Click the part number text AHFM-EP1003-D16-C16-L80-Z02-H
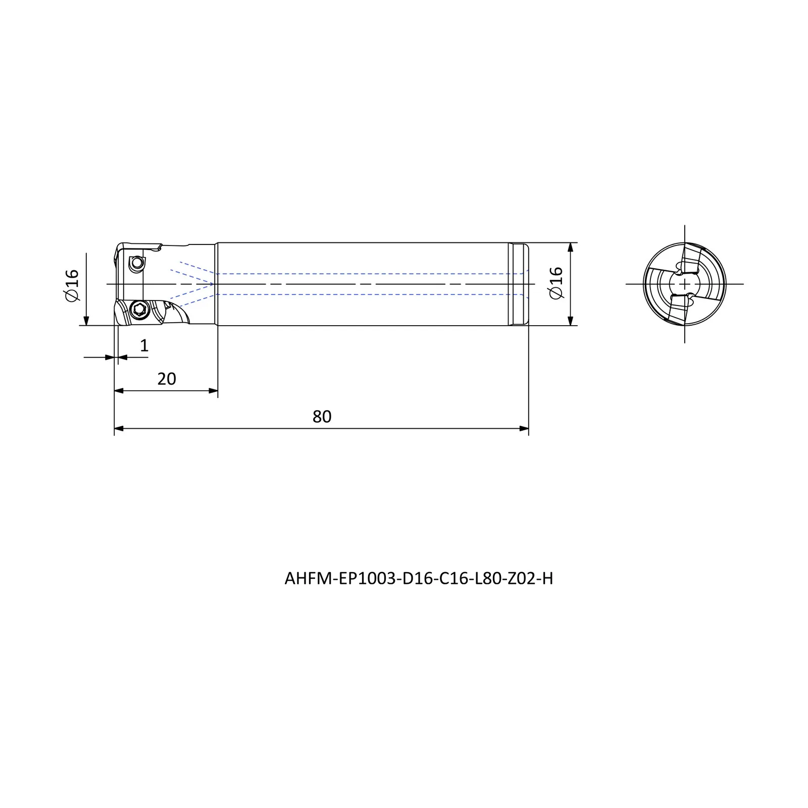click(x=419, y=579)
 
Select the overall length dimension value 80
click(x=322, y=417)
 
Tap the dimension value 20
click(x=167, y=379)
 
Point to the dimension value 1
click(x=144, y=345)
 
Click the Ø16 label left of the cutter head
click(x=72, y=285)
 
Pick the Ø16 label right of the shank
click(x=555, y=282)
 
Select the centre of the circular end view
click(x=685, y=284)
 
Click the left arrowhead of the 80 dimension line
click(x=119, y=429)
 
